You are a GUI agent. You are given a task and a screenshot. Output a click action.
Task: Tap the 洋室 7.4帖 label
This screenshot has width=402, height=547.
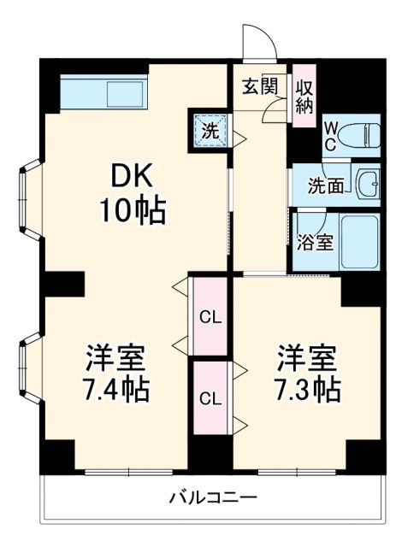pyautogui.click(x=116, y=374)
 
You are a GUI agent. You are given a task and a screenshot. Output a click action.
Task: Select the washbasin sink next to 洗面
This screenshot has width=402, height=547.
pyautogui.click(x=369, y=183)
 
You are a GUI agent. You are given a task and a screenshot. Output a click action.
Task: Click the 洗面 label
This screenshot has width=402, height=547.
pyautogui.click(x=327, y=185)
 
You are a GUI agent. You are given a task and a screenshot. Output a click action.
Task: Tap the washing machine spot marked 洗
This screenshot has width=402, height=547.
pyautogui.click(x=210, y=130)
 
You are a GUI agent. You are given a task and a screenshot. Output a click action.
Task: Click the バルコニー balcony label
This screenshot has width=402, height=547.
pyautogui.click(x=212, y=497)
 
